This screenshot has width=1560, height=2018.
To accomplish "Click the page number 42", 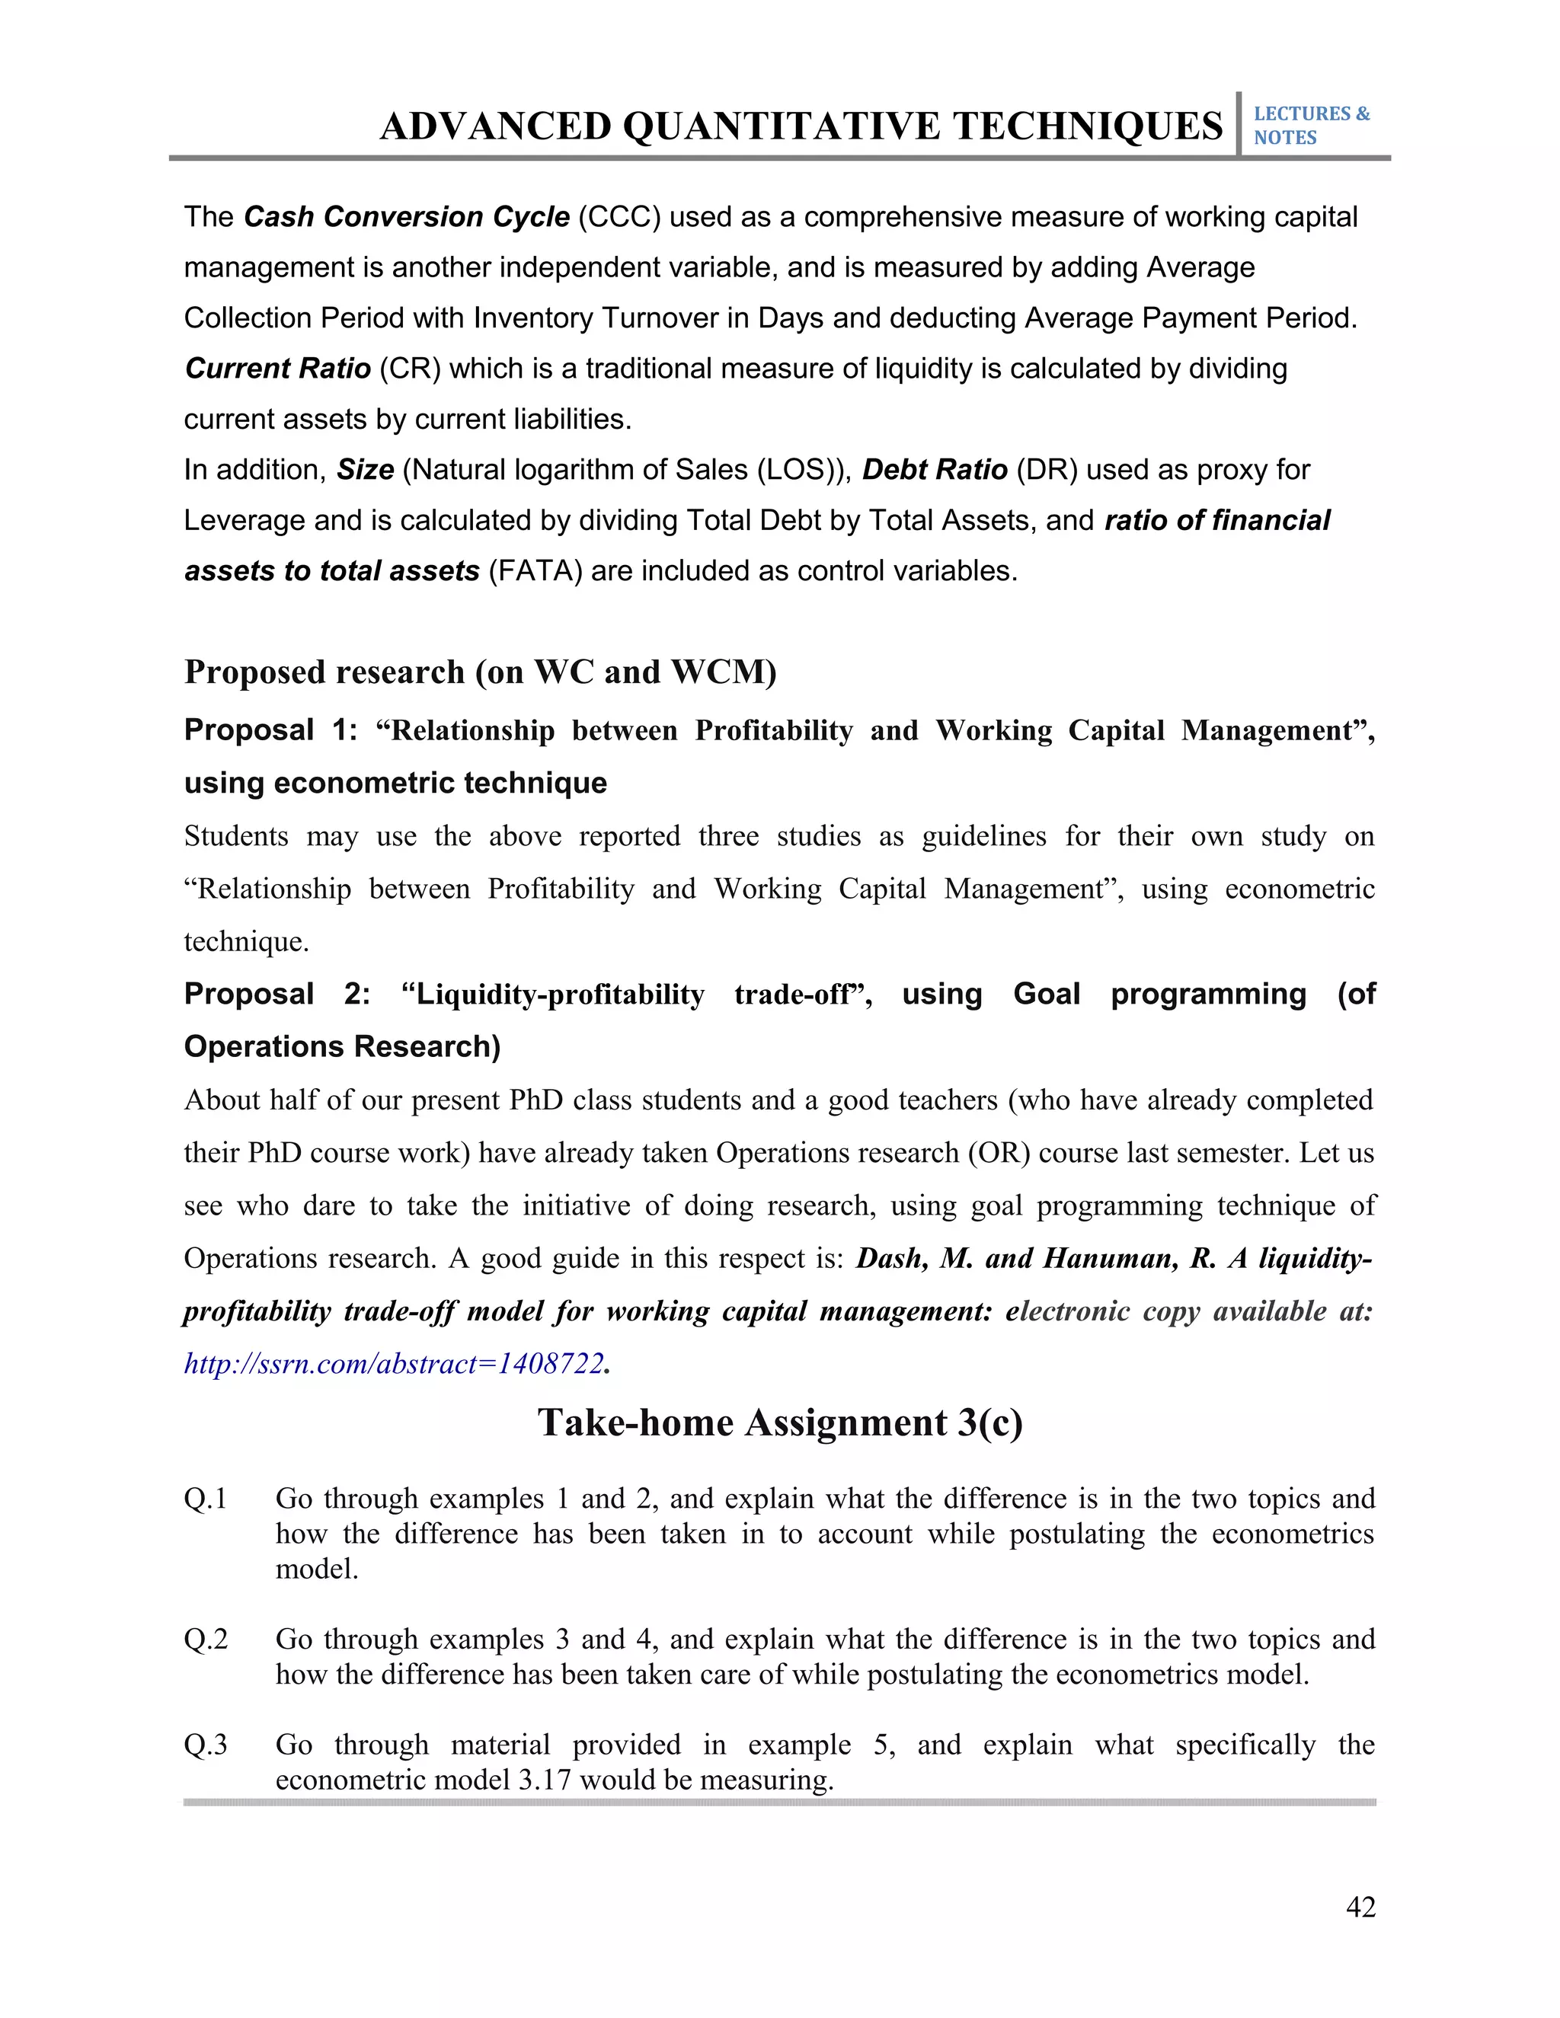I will pos(1360,1906).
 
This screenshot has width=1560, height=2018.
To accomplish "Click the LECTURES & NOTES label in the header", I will pos(1310,126).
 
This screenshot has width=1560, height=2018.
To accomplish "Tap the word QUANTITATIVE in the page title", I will pos(785,126).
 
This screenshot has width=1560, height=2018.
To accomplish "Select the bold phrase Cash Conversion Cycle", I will pos(407,217).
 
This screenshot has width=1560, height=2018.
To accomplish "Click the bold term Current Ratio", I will pos(277,369).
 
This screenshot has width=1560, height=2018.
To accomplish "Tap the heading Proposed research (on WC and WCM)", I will pos(480,672).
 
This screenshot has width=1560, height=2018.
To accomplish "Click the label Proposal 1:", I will pos(270,730).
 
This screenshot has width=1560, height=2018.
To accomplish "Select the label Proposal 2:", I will pos(277,995).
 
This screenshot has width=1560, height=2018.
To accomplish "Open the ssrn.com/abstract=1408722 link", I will pos(394,1364).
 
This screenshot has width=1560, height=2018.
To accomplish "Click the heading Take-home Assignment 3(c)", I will pos(780,1423).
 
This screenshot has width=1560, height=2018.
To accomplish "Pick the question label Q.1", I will pos(205,1499).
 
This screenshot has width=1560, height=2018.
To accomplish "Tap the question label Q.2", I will pos(205,1640).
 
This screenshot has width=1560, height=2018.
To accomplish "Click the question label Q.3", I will pos(205,1745).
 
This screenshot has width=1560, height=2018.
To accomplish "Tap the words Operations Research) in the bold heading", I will pos(342,1047).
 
